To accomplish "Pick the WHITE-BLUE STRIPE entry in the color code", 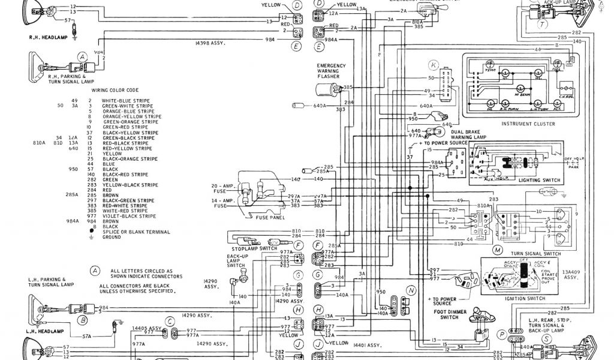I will [125, 101].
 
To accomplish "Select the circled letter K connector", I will [433, 64].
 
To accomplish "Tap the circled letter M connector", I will [496, 248].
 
